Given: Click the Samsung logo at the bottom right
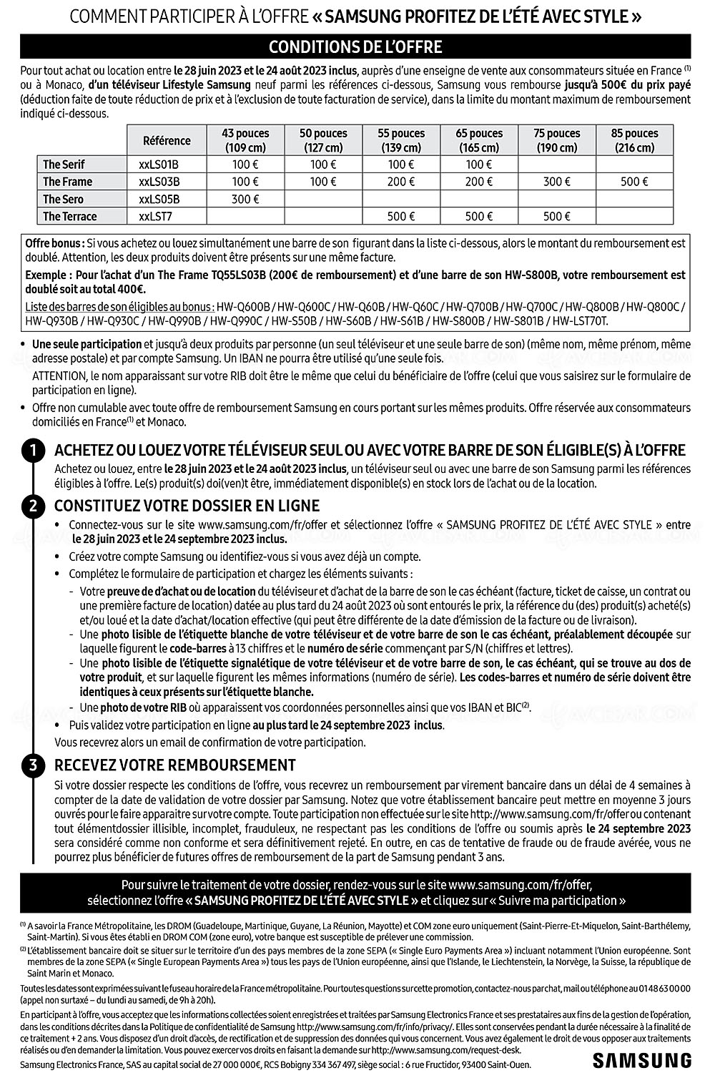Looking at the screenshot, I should [x=641, y=1059].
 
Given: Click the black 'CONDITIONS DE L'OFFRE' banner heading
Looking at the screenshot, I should [x=355, y=47].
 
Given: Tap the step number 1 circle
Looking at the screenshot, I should [x=33, y=450].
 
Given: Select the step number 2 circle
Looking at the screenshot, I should [x=33, y=506].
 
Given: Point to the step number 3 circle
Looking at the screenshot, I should [x=33, y=765].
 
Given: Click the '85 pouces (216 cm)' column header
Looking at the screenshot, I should [x=635, y=140].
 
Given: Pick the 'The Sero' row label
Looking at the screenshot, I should [x=63, y=199].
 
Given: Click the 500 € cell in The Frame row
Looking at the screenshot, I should [x=635, y=182].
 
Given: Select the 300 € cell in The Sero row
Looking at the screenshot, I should [x=245, y=199].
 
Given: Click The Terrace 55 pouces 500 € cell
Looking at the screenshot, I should [x=401, y=216].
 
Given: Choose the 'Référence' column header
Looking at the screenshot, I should [x=167, y=140].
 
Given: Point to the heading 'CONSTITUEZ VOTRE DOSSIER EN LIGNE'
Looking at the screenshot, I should [x=187, y=506].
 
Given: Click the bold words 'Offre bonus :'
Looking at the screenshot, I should [x=54, y=243].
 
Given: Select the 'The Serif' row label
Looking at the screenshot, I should [x=64, y=165].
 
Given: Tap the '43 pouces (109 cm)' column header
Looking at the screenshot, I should [x=245, y=140].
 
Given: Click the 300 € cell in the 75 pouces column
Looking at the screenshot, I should [x=557, y=182].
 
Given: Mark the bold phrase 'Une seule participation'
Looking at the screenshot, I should [x=87, y=344].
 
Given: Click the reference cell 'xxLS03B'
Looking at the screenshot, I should [x=159, y=182].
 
